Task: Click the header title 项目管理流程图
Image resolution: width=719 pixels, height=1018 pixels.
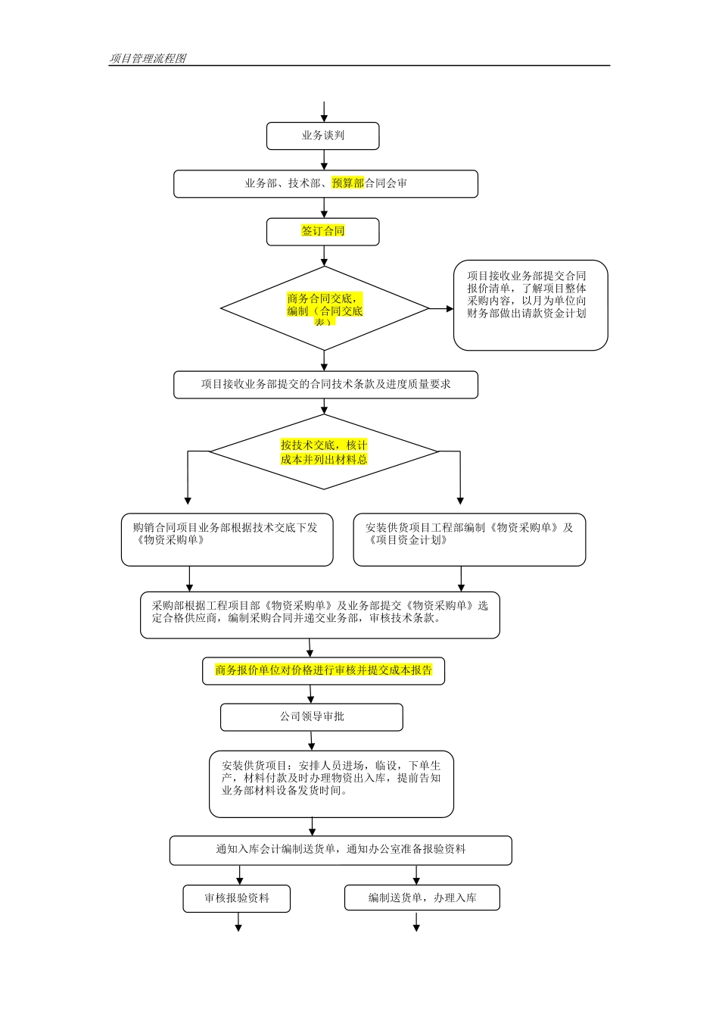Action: (x=148, y=58)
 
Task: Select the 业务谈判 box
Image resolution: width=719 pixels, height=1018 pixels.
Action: (x=322, y=136)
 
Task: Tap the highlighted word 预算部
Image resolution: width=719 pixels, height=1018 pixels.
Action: (x=347, y=183)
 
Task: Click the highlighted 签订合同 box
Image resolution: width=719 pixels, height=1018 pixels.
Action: (x=322, y=232)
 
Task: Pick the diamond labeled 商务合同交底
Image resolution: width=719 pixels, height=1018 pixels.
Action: (x=324, y=309)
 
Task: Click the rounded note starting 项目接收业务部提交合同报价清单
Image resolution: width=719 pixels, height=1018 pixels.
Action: (x=530, y=305)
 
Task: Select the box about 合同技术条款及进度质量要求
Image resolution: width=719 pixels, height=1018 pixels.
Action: (x=325, y=385)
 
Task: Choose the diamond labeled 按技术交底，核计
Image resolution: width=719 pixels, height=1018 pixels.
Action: (x=324, y=452)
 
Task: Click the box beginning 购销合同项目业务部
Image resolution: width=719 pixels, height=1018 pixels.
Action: (x=227, y=539)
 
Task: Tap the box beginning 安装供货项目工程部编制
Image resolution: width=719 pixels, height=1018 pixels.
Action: (x=469, y=539)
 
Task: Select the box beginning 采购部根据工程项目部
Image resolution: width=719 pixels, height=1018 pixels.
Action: (x=319, y=615)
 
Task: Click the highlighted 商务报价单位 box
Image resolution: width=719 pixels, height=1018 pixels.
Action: (x=323, y=671)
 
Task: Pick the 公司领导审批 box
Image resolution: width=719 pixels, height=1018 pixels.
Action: (x=311, y=717)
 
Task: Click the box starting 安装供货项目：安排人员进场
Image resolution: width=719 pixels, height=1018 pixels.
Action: (x=331, y=784)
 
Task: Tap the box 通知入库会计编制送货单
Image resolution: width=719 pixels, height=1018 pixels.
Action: (x=341, y=851)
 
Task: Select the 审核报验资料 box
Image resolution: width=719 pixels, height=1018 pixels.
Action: (x=236, y=899)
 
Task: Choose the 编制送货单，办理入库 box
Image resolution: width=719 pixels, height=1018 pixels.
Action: (x=422, y=898)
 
